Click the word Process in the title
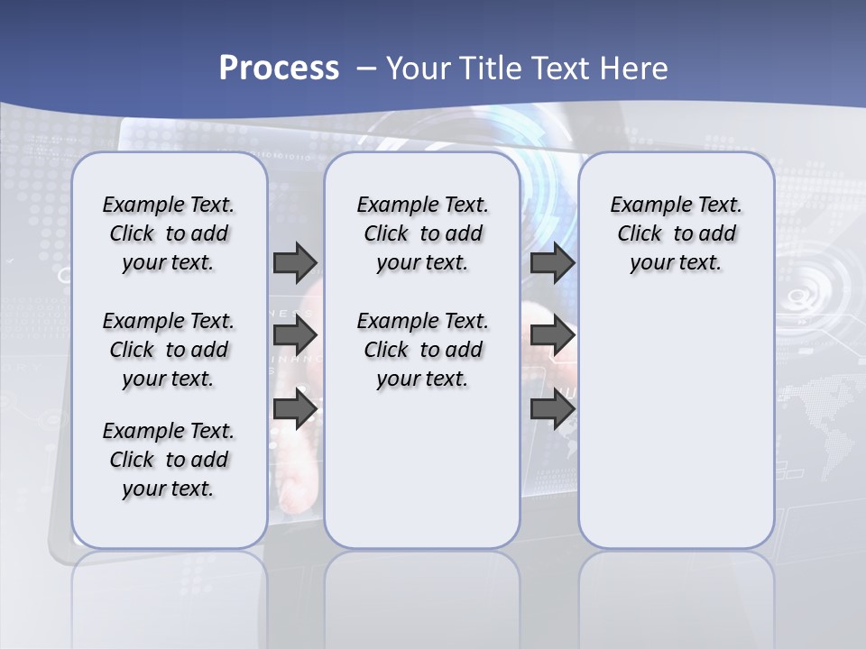[x=279, y=68]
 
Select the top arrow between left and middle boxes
[x=295, y=262]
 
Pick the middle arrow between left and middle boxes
[x=295, y=335]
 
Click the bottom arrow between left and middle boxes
[x=295, y=409]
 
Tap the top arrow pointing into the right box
[x=552, y=262]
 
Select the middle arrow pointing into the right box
[x=552, y=335]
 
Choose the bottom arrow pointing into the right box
[x=552, y=409]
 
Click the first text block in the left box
[x=169, y=233]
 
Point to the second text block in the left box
[x=169, y=350]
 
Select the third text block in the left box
[x=169, y=460]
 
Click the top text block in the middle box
[x=422, y=233]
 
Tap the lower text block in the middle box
[x=422, y=350]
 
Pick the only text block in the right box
[x=676, y=233]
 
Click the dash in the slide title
[x=366, y=68]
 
